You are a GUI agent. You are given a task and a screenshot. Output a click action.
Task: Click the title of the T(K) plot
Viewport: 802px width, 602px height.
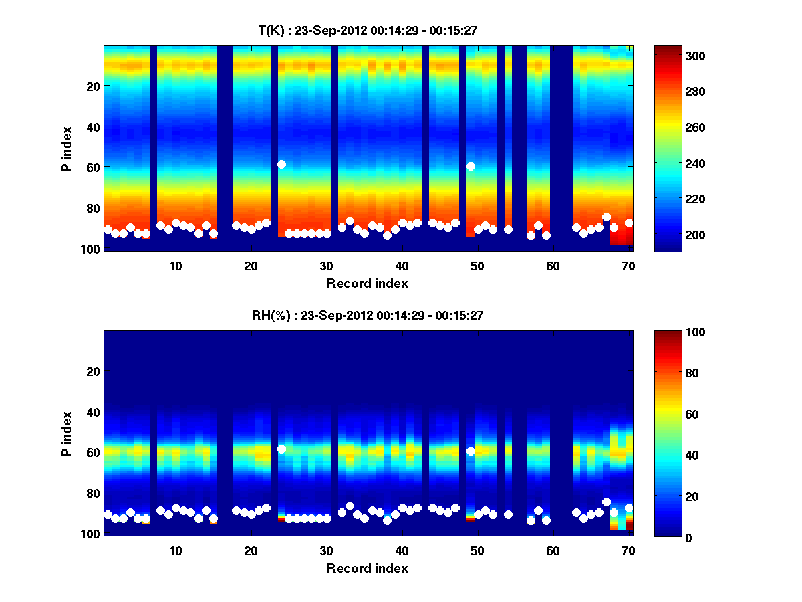point(368,30)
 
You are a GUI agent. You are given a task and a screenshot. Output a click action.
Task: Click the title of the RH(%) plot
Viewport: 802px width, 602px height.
point(368,316)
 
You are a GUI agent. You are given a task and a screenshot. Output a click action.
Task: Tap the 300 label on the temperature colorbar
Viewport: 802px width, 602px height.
point(678,56)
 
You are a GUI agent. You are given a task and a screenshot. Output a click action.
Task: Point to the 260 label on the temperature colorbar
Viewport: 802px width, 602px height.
point(678,127)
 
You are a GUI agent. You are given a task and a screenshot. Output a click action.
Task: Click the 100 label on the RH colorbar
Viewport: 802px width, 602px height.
point(678,332)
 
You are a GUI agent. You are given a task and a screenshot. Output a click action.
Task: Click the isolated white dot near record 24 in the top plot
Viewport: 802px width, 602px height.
point(281,164)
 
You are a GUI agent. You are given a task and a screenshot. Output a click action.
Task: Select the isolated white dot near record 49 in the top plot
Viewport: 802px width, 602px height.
point(471,166)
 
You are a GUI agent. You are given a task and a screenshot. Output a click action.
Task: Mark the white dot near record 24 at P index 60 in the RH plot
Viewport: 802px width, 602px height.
point(281,449)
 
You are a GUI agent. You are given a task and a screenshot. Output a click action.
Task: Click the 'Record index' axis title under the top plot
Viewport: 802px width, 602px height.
point(368,283)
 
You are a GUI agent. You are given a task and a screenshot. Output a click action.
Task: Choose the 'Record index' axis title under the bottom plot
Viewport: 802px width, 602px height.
point(368,568)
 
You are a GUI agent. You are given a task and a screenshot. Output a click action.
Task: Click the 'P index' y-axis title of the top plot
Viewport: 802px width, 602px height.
point(67,149)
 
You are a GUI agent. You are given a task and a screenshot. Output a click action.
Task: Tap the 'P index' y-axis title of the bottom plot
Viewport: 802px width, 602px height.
point(67,434)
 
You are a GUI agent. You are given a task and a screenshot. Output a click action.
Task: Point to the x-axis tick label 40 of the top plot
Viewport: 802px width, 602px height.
point(402,266)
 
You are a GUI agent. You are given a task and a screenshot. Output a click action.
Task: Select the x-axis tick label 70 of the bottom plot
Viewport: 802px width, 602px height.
point(628,550)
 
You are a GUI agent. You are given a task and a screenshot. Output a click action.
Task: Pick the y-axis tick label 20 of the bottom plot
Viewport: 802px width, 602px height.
point(92,371)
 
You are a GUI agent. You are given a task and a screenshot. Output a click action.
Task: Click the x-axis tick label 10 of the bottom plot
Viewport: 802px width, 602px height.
point(175,550)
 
